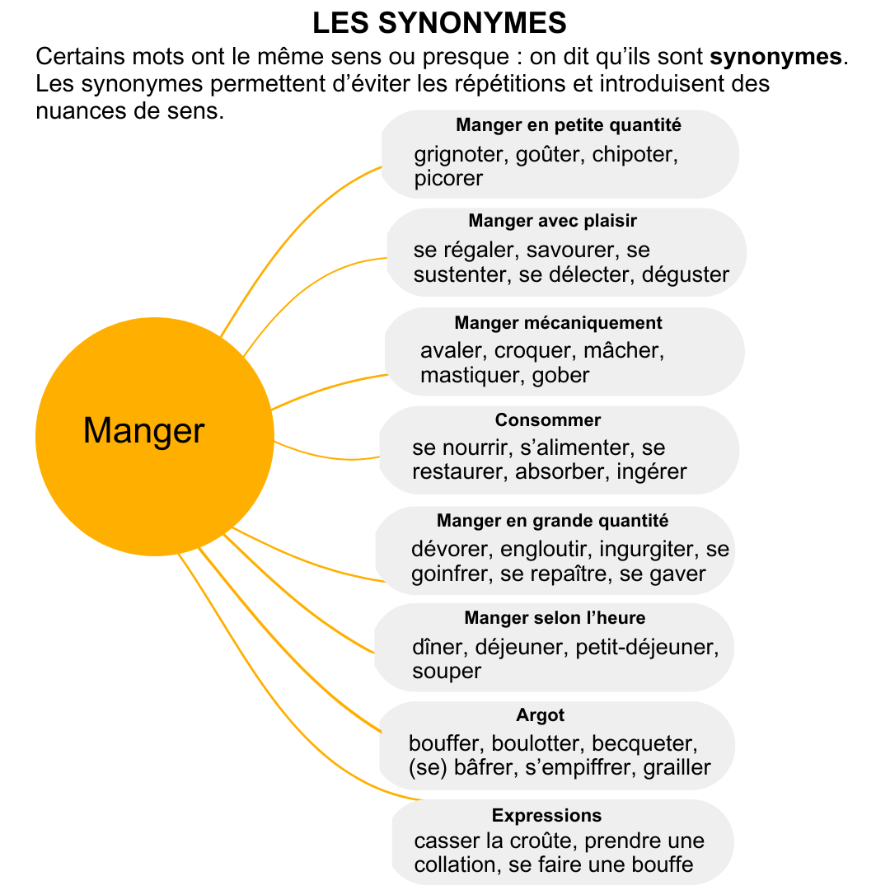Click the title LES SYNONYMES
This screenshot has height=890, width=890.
[x=439, y=23]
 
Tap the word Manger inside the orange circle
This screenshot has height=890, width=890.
[x=143, y=431]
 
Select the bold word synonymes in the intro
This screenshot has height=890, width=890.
[x=776, y=57]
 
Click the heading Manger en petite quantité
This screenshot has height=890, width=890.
[x=568, y=125]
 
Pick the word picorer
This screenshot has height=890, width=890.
[x=448, y=178]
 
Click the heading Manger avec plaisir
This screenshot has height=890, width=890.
[x=552, y=220]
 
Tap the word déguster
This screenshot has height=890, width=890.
[x=685, y=274]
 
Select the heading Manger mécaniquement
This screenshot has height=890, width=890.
[x=558, y=322]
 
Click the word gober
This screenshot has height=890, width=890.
[x=561, y=375]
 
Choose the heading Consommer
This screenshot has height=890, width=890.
[x=548, y=420]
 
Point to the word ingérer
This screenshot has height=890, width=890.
[x=652, y=471]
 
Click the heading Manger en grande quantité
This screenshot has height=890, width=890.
[x=552, y=521]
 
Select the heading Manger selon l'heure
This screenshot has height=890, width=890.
[x=555, y=617]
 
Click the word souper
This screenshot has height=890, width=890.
[x=447, y=672]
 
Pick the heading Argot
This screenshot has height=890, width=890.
[x=540, y=715]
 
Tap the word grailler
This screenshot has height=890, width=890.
[x=677, y=768]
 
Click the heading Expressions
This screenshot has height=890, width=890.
[x=546, y=816]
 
